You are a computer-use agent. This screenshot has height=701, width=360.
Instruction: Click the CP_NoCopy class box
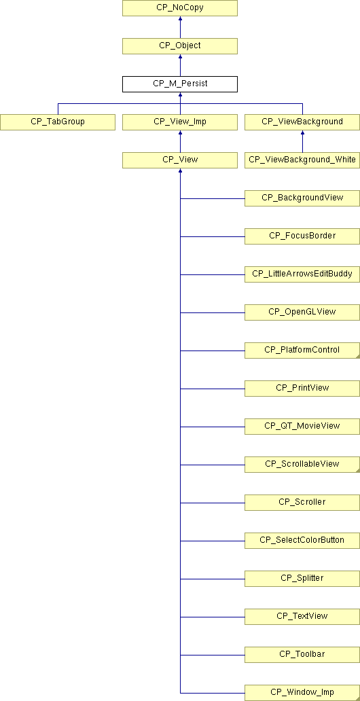(x=180, y=9)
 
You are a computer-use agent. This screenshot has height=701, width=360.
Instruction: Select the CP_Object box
(x=180, y=46)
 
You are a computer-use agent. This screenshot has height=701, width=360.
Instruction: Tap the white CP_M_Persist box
(x=180, y=84)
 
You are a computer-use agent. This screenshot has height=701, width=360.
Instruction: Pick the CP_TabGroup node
(x=58, y=122)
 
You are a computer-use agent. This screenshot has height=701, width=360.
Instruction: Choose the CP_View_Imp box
(x=180, y=122)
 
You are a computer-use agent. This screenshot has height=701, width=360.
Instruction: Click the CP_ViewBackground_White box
(x=302, y=160)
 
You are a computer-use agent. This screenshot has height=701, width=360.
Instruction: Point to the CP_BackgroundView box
(x=302, y=198)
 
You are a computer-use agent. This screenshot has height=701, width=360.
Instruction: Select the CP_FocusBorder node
(x=302, y=236)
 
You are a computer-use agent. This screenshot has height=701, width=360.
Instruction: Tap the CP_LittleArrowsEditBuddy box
(x=302, y=274)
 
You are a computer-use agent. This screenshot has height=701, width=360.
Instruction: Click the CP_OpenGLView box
(x=302, y=312)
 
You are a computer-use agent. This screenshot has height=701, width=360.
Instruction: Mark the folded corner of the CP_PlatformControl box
(x=357, y=356)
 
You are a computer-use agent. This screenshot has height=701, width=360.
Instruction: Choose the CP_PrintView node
(x=302, y=388)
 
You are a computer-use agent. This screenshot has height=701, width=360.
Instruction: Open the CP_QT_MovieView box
(x=302, y=426)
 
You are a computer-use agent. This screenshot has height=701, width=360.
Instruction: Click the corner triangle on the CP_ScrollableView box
(x=357, y=470)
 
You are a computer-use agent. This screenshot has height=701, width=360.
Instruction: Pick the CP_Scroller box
(x=302, y=502)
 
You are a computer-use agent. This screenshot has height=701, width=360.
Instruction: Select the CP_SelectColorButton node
(x=302, y=540)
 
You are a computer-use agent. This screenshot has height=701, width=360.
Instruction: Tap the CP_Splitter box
(x=302, y=578)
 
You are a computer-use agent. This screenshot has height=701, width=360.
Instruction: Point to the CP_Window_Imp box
(x=302, y=692)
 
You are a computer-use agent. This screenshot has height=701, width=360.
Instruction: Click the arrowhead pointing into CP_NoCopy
(x=180, y=19)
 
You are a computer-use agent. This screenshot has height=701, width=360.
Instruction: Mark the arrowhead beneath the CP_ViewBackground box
(x=302, y=132)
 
